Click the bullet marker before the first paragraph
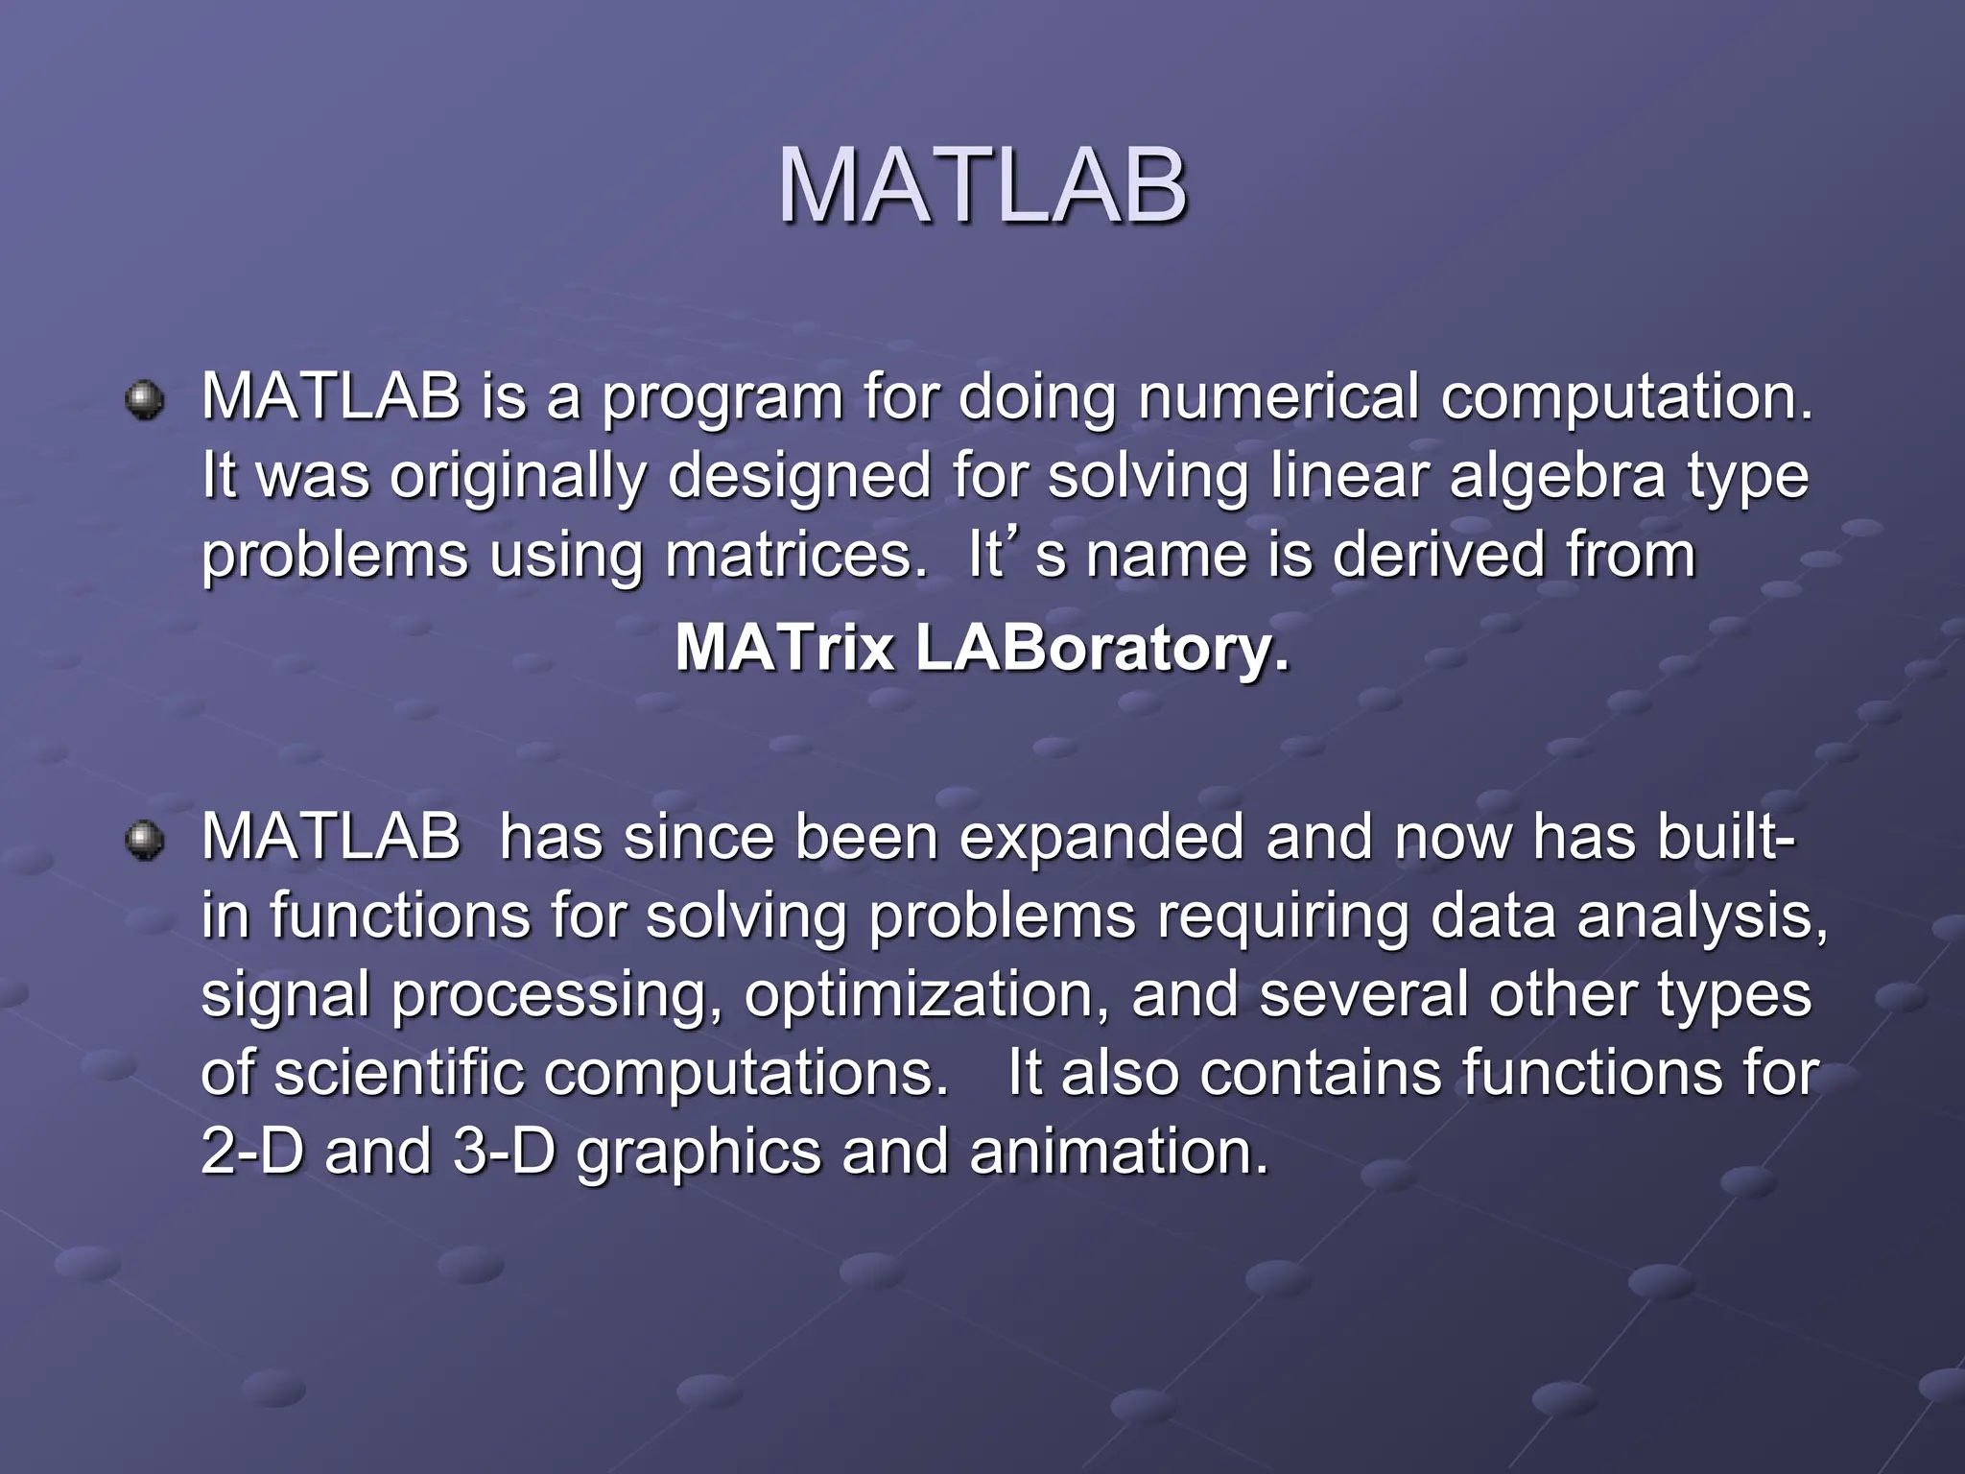coord(145,398)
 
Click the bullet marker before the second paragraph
coord(145,840)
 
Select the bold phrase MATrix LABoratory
coord(982,649)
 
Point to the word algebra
coord(1557,476)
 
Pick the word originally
coord(518,478)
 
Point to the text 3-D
coord(505,1152)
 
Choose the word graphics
coord(698,1153)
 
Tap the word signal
coord(286,996)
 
